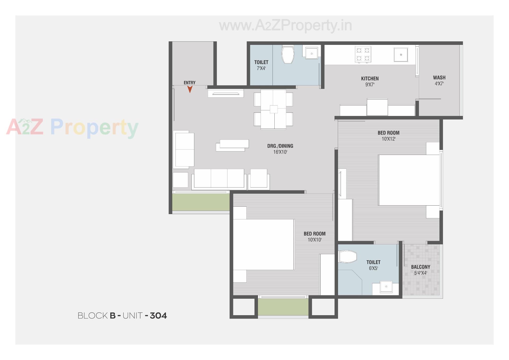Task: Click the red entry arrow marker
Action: [x=190, y=89]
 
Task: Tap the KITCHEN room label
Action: [x=370, y=79]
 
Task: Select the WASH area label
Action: [x=439, y=78]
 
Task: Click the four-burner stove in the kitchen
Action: [x=363, y=54]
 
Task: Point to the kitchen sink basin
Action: [x=401, y=55]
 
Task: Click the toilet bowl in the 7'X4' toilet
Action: [x=288, y=54]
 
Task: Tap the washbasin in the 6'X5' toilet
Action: [x=386, y=287]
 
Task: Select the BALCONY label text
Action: [x=420, y=267]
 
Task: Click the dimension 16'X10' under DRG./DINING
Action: [x=280, y=152]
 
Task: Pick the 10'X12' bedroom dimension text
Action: [x=388, y=139]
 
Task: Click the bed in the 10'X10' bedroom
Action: [x=264, y=244]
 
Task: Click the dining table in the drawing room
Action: [x=273, y=109]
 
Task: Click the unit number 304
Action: [x=158, y=316]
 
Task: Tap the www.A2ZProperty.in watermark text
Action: [x=285, y=26]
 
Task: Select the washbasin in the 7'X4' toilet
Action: [x=311, y=53]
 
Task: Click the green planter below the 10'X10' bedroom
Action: [x=283, y=307]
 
